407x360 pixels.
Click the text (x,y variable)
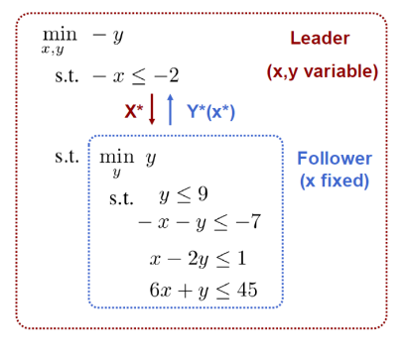point(323,72)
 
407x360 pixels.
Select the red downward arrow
point(152,110)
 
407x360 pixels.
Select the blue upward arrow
point(171,110)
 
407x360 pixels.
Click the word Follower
point(335,158)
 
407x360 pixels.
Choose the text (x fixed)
point(335,181)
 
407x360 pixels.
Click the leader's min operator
point(59,33)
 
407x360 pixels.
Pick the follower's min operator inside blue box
point(116,155)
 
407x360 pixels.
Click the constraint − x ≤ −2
point(135,75)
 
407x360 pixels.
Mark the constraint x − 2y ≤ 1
point(198,259)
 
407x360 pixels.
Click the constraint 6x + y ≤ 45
point(202,291)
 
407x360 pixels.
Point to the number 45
point(248,290)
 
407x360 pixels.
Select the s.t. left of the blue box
point(67,156)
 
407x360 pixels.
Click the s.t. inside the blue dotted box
point(121,197)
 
